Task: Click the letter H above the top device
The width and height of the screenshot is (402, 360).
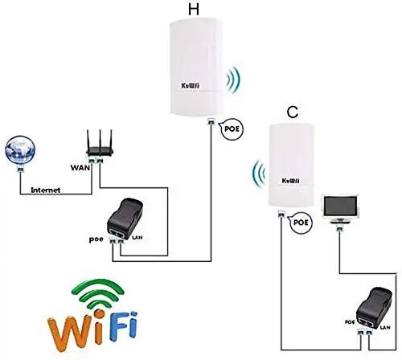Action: pyautogui.click(x=194, y=9)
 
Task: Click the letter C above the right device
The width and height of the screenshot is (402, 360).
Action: pyautogui.click(x=293, y=112)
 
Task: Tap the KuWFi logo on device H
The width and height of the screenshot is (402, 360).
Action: pyautogui.click(x=191, y=86)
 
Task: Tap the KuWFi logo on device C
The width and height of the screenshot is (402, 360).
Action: pyautogui.click(x=291, y=181)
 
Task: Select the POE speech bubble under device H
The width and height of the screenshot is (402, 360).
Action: pyautogui.click(x=232, y=129)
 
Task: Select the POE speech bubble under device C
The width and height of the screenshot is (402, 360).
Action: pyautogui.click(x=301, y=223)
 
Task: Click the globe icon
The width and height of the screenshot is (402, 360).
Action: pyautogui.click(x=20, y=150)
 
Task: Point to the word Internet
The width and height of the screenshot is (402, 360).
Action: pyautogui.click(x=46, y=190)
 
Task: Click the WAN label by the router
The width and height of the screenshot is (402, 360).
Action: pyautogui.click(x=80, y=168)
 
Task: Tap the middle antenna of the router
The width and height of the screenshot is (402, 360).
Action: pyautogui.click(x=100, y=139)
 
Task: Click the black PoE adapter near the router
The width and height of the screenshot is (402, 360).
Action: pyautogui.click(x=125, y=219)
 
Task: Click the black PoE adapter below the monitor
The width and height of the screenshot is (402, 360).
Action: pyautogui.click(x=375, y=308)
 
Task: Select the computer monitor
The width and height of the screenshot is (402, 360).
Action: pyautogui.click(x=340, y=209)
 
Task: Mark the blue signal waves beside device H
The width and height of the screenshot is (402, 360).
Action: pyautogui.click(x=233, y=80)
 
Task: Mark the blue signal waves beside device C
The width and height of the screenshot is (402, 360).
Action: pyautogui.click(x=259, y=174)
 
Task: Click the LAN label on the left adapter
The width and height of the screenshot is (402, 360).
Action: pyautogui.click(x=137, y=238)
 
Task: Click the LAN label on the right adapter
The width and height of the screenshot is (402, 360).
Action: pyautogui.click(x=385, y=327)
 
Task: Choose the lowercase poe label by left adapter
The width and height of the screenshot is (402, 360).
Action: pyautogui.click(x=96, y=239)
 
